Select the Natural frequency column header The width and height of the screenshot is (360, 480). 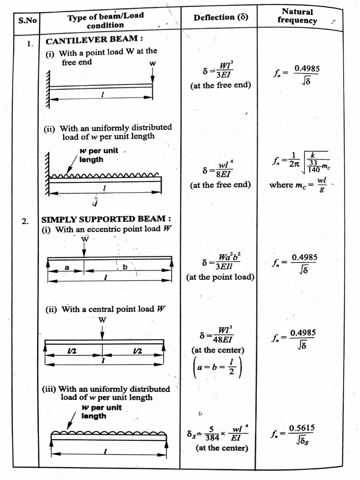point(297,16)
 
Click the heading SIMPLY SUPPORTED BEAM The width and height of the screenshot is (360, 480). point(106,219)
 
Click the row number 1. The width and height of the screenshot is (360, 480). point(30,44)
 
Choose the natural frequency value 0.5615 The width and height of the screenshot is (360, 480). point(302,428)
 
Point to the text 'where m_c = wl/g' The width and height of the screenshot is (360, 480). point(299,184)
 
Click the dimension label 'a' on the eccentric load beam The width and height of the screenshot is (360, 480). point(67,267)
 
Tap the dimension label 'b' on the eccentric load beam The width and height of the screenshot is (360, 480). point(125,267)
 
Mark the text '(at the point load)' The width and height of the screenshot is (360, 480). point(220,277)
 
